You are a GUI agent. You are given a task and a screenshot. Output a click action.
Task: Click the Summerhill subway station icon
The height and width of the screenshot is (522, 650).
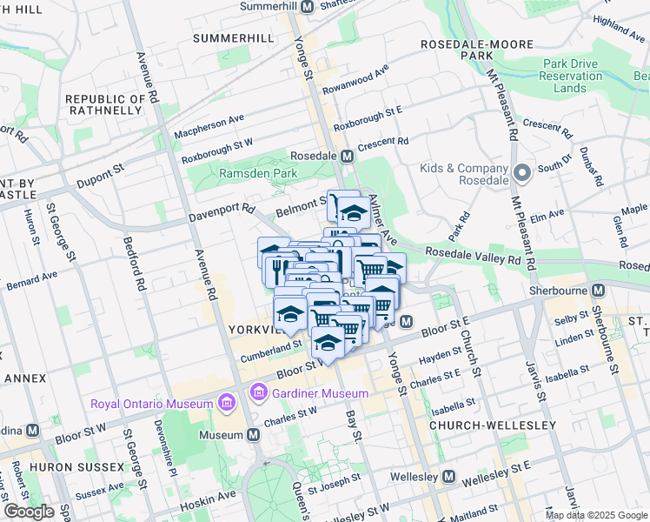[307, 7]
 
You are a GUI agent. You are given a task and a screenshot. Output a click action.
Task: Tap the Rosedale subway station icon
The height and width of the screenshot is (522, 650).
[347, 156]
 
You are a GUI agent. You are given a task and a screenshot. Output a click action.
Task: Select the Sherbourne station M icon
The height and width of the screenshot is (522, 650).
[598, 291]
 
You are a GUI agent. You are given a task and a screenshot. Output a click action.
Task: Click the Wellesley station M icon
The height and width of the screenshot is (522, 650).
[448, 477]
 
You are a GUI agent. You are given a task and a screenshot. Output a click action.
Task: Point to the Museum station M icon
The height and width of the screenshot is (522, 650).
[253, 434]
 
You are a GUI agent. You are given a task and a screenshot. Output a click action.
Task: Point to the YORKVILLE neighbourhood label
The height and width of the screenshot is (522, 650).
[251, 331]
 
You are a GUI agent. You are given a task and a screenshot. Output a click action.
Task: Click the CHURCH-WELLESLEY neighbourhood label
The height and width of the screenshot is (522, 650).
[492, 425]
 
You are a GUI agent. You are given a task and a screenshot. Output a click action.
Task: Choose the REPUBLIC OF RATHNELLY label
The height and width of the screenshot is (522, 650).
[103, 104]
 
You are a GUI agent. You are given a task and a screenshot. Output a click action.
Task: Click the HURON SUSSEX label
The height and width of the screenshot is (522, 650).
[76, 467]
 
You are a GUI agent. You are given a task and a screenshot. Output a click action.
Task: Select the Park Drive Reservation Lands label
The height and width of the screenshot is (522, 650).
[572, 76]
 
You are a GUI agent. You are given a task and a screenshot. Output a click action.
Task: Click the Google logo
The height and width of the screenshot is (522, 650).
[29, 512]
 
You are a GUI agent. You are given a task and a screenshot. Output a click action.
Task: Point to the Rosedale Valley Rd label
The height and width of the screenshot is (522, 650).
[473, 257]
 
